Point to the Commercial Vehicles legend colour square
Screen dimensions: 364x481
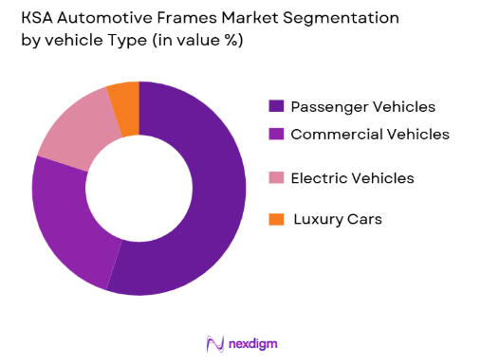[x=276, y=135]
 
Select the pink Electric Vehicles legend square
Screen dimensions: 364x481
[x=276, y=178]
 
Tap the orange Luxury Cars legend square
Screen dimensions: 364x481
[x=276, y=219]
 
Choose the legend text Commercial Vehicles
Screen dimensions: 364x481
[x=369, y=135]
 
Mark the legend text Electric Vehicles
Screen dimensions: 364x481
[x=351, y=178]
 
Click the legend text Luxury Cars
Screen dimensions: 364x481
[x=337, y=219]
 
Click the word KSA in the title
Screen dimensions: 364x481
[x=35, y=18]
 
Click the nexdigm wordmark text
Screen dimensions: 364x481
[x=252, y=343]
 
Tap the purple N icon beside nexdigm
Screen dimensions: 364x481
[x=214, y=343]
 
